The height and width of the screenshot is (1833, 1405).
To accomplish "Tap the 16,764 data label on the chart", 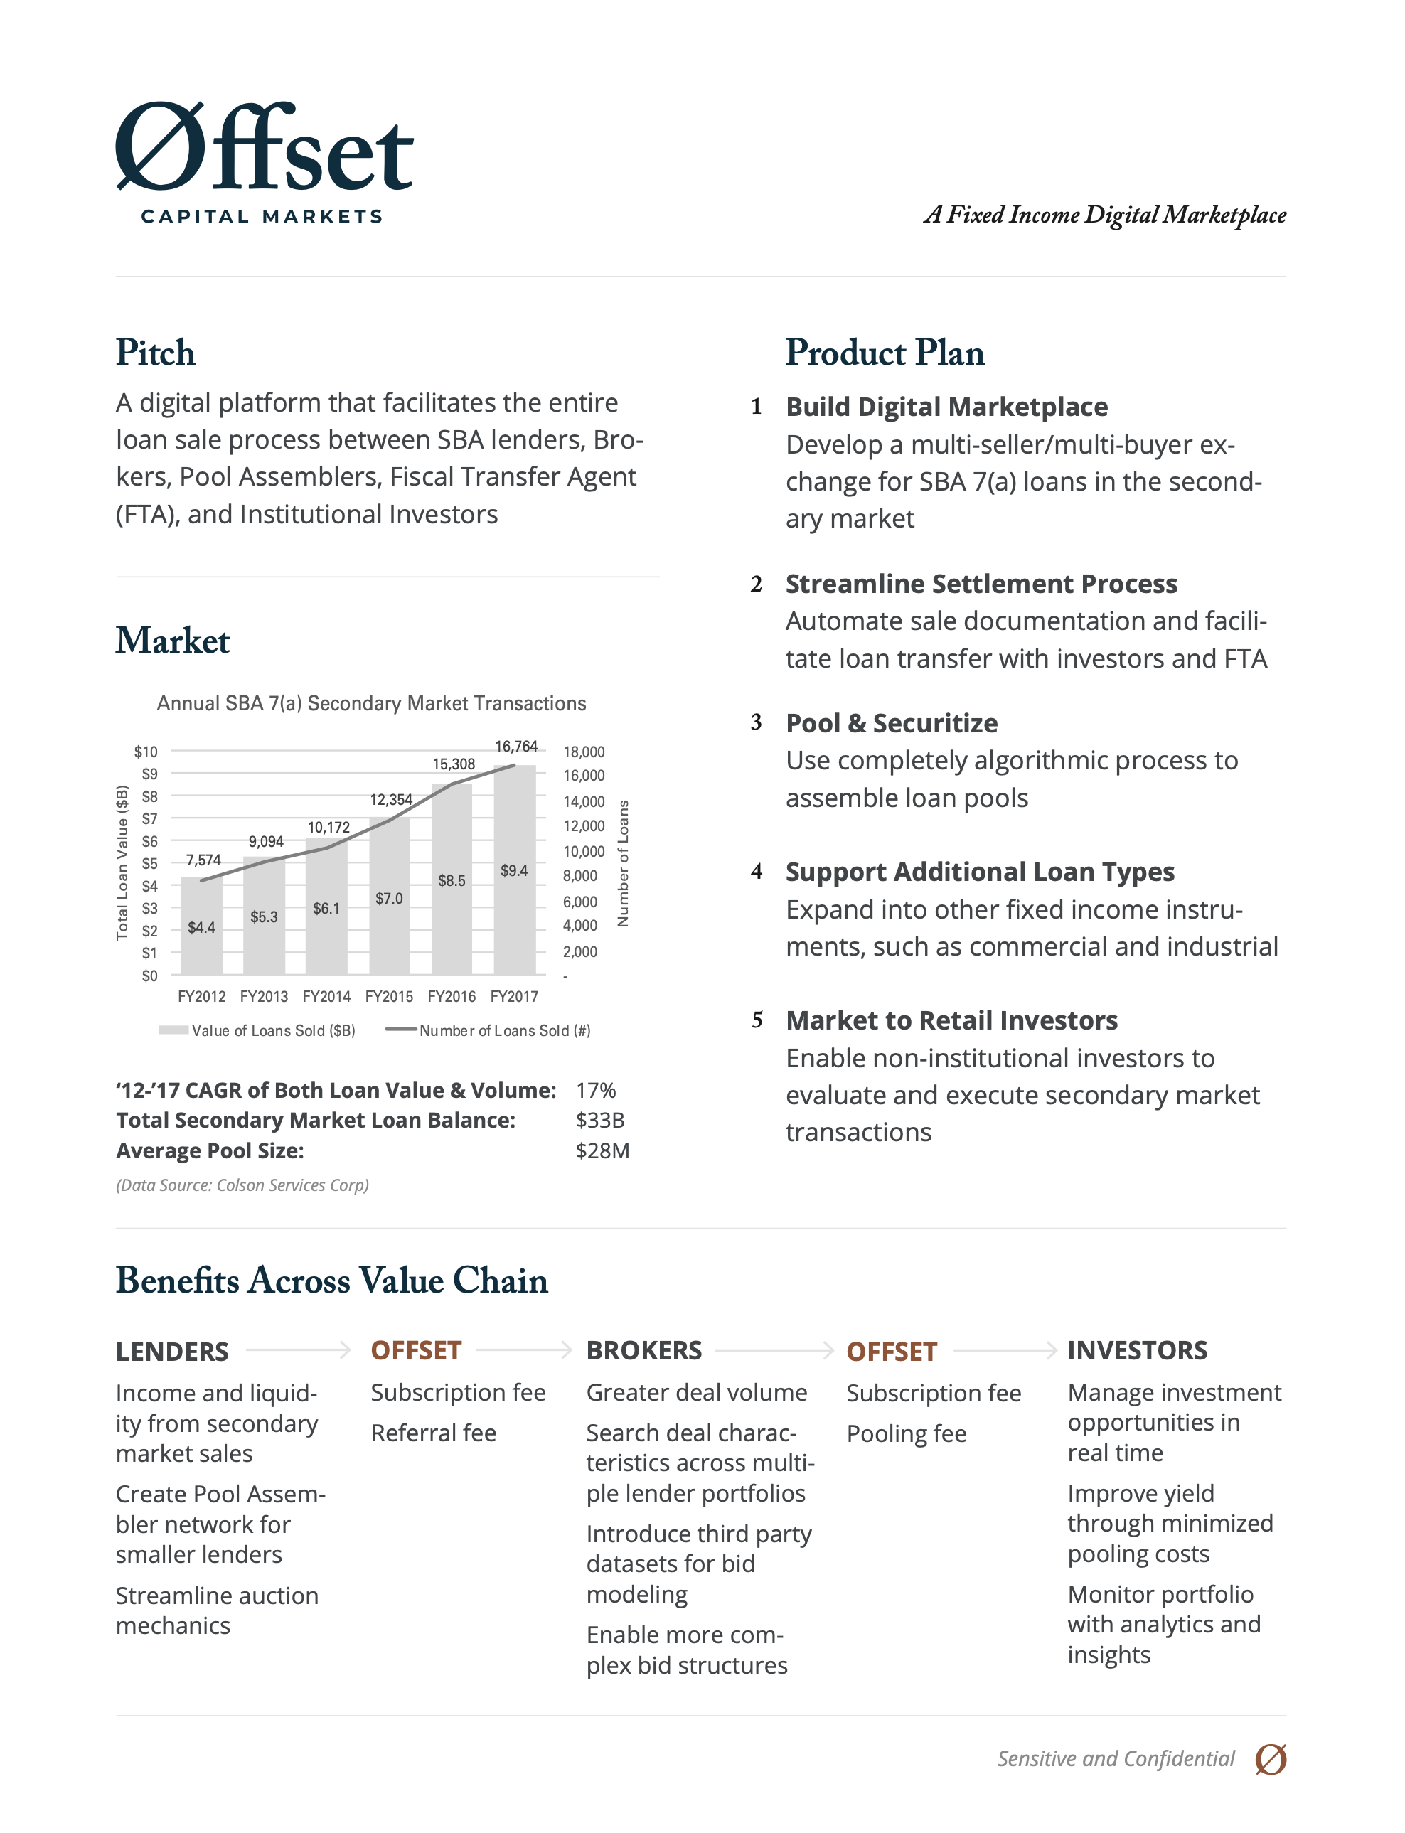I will coord(516,746).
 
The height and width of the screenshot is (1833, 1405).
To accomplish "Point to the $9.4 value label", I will coord(514,870).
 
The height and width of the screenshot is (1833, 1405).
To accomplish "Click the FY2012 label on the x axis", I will coord(201,996).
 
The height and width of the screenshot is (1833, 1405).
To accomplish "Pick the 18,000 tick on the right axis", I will coord(584,752).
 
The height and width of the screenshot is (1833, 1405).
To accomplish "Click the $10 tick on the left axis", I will coord(146,752).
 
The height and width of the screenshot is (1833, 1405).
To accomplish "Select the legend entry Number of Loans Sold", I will coord(489,1030).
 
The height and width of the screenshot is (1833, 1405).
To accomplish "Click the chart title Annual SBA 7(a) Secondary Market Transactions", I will coord(371,703).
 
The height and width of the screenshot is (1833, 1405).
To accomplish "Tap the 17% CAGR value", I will coord(595,1091).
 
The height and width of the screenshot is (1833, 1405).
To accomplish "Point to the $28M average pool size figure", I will coord(602,1150).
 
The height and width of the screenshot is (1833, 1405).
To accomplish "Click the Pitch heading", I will coord(156,352).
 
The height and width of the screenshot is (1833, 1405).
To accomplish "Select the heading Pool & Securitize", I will coord(892,722).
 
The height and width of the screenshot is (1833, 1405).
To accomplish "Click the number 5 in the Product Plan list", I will coord(757,1020).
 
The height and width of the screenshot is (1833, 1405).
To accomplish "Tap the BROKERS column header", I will coord(644,1350).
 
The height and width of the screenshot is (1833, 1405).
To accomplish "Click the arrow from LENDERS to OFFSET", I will coord(299,1349).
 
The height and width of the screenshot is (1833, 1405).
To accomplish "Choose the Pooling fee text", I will coord(907,1433).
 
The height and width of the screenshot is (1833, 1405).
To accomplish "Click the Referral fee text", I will coord(433,1433).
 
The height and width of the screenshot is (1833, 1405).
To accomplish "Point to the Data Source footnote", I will coord(242,1185).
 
